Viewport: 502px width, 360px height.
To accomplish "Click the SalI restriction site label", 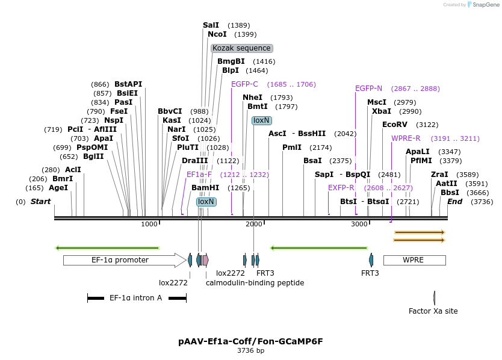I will pyautogui.click(x=211, y=25).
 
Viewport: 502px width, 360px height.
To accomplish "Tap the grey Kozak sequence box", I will pyautogui.click(x=242, y=48).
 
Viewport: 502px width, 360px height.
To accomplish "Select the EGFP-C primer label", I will pyautogui.click(x=244, y=84).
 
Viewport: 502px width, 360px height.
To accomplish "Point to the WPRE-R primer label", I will pyautogui.click(x=406, y=138).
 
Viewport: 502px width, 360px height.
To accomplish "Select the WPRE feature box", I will pyautogui.click(x=414, y=260).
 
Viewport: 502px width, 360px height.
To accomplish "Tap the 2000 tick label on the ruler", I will pyautogui.click(x=254, y=224).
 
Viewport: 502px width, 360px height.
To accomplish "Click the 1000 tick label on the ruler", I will pyautogui.click(x=149, y=224).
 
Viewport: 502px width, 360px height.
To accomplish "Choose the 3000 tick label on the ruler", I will pyautogui.click(x=359, y=224).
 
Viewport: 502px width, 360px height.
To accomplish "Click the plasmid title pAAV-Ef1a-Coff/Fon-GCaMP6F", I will pyautogui.click(x=250, y=341).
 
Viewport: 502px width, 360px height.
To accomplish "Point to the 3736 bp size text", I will pyautogui.click(x=250, y=350).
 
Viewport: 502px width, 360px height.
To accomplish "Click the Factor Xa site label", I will pyautogui.click(x=433, y=311).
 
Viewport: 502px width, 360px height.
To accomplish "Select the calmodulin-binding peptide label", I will pyautogui.click(x=255, y=282).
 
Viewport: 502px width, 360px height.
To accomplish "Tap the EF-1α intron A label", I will pyautogui.click(x=135, y=297).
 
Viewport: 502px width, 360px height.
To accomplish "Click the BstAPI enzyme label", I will pyautogui.click(x=128, y=84).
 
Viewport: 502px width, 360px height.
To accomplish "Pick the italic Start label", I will pyautogui.click(x=41, y=202).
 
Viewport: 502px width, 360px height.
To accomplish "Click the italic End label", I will pyautogui.click(x=454, y=202).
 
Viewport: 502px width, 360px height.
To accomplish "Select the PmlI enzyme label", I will pyautogui.click(x=292, y=147).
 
